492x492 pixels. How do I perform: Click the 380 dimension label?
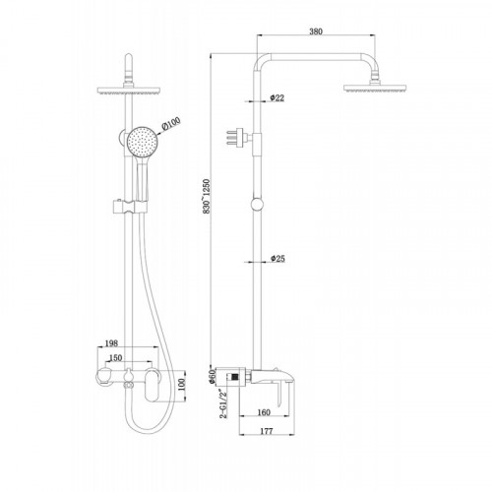(316, 31)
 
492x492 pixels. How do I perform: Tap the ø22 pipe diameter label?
(277, 97)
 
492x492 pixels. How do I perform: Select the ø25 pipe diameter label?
(277, 259)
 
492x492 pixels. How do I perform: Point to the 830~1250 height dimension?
(207, 197)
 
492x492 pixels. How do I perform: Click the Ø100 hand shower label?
(171, 125)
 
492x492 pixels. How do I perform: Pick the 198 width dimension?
(111, 343)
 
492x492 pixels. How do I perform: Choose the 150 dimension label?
(115, 358)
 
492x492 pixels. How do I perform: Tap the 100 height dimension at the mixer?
(181, 385)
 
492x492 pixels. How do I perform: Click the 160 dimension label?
(264, 412)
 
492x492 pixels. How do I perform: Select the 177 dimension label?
(266, 431)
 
